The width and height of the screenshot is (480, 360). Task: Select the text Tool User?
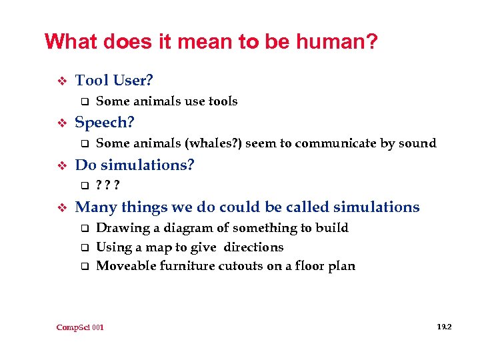pos(114,81)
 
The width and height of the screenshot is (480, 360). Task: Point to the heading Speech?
pos(105,123)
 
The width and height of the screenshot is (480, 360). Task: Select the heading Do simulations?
pos(135,165)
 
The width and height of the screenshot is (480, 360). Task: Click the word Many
pos(95,207)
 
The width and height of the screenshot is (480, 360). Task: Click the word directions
pos(253,247)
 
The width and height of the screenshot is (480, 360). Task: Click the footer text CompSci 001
pos(80,327)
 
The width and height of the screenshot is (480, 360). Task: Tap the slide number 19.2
pos(445,327)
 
